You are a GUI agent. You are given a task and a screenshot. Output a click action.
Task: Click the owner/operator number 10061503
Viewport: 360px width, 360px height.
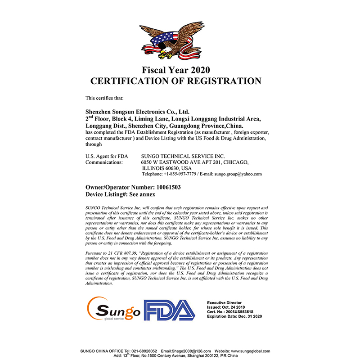166,187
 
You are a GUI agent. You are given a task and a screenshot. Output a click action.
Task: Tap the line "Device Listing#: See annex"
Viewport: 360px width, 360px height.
120,194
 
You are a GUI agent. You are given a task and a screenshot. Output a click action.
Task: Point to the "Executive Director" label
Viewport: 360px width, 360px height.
224,303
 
